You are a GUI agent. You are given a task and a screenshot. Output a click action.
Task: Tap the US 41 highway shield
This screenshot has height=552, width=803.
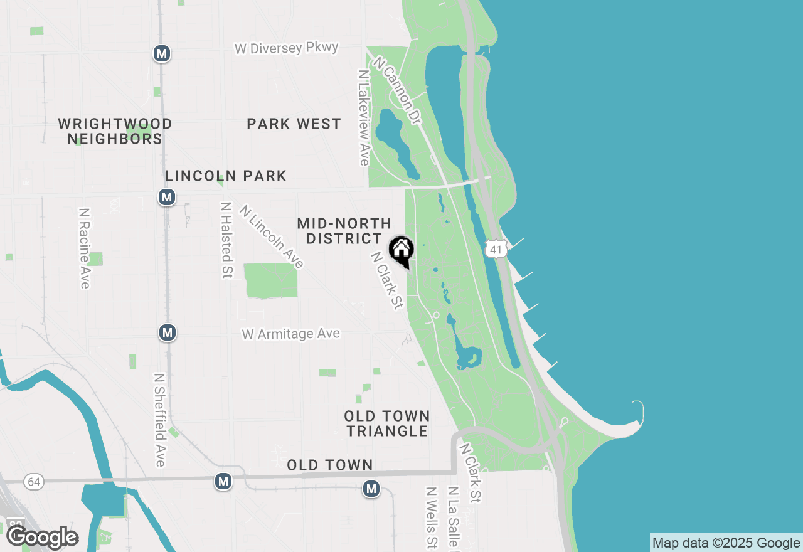[496, 248]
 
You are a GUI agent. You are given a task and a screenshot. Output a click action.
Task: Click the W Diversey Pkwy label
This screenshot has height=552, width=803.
[287, 48]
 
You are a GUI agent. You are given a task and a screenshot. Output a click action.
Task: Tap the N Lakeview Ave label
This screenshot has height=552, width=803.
[363, 117]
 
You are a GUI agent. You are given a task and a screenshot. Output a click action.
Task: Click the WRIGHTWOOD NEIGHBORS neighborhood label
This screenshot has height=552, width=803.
[115, 131]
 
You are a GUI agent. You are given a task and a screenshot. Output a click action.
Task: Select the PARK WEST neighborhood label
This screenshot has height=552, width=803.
[294, 124]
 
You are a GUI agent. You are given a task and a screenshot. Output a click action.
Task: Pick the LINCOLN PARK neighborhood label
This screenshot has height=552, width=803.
[226, 176]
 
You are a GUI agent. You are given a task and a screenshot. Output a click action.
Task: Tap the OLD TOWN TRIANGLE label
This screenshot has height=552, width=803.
[386, 423]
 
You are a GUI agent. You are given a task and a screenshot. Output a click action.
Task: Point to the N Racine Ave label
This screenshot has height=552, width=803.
[85, 248]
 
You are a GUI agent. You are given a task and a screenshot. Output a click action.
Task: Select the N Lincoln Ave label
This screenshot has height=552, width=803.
[272, 237]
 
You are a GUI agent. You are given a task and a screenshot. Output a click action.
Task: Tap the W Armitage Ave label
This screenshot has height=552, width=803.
[291, 334]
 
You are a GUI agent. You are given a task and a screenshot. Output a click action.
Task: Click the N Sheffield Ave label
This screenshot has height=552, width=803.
[160, 420]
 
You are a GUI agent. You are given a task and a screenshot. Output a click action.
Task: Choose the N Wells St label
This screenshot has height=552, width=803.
[431, 517]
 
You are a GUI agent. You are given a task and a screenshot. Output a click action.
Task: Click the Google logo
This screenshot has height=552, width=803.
[42, 538]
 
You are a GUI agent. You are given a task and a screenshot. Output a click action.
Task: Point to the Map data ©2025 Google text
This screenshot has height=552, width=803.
[726, 543]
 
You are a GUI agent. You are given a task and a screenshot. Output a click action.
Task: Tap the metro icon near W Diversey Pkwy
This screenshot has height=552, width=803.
[162, 53]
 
